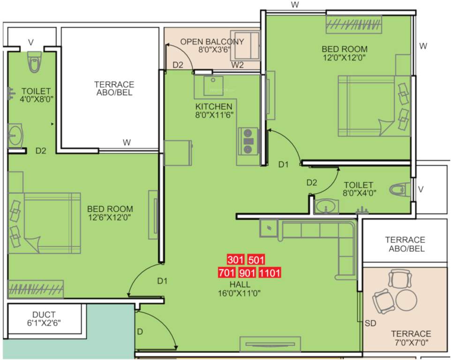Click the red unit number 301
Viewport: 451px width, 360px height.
pyautogui.click(x=236, y=260)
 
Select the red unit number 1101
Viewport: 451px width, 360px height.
pyautogui.click(x=270, y=272)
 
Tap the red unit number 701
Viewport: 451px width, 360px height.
pyautogui.click(x=227, y=272)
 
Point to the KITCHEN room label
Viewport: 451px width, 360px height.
pyautogui.click(x=214, y=106)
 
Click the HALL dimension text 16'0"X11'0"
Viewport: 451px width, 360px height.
pyautogui.click(x=240, y=293)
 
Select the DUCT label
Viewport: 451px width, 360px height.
pyautogui.click(x=44, y=315)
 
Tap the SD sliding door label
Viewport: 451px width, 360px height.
pyautogui.click(x=370, y=323)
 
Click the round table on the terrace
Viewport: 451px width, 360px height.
pyautogui.click(x=406, y=300)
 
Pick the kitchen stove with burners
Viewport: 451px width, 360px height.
pyautogui.click(x=248, y=141)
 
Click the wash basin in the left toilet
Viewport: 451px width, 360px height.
pyautogui.click(x=15, y=136)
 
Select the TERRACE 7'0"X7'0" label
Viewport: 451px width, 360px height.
pyautogui.click(x=411, y=338)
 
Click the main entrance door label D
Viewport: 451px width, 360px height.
pyautogui.click(x=140, y=332)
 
